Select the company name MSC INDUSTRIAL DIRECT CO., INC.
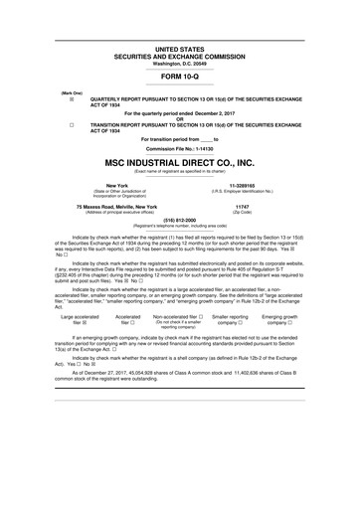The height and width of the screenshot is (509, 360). click(179, 161)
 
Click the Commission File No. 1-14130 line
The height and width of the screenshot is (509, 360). click(179, 147)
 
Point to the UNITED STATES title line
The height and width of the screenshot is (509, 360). click(179, 48)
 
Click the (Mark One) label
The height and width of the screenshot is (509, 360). click(72, 92)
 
